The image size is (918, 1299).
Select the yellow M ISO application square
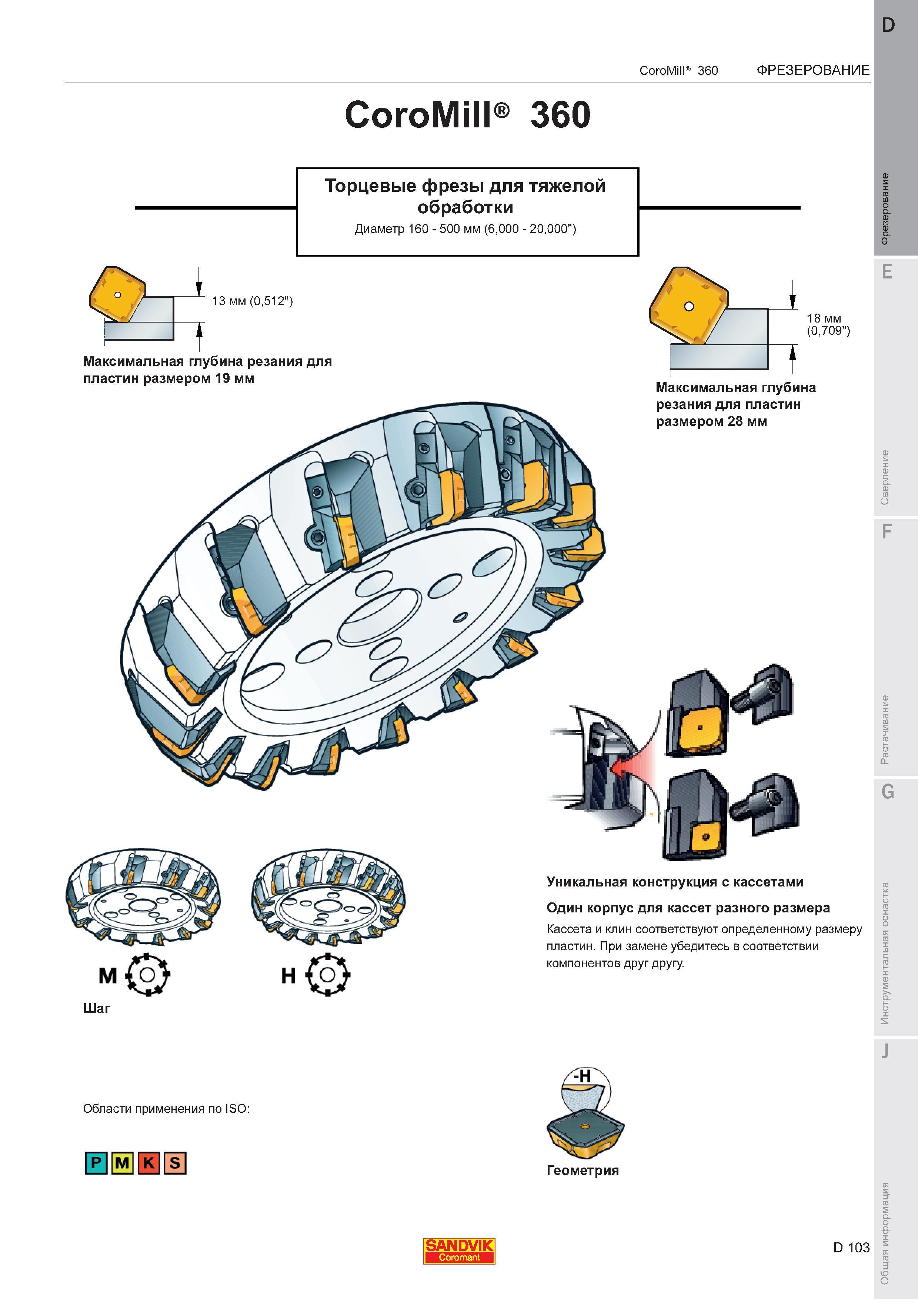point(122,1163)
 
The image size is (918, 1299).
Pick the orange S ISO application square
point(175,1163)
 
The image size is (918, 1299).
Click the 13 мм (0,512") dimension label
point(252,301)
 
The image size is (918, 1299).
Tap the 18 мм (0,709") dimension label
point(828,324)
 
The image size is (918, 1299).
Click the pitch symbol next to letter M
point(147,975)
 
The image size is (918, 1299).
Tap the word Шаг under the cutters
point(97,1009)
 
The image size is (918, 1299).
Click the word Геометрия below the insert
point(582,1171)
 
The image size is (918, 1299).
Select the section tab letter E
point(887,273)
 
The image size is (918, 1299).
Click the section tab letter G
point(888,791)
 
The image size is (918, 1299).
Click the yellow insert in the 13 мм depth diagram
point(117,294)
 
